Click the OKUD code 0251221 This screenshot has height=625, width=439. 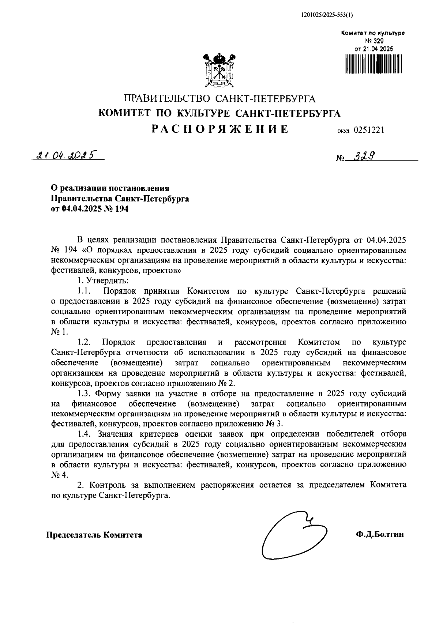[x=369, y=130]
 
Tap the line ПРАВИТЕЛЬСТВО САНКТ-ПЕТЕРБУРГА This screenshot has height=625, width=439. [x=219, y=99]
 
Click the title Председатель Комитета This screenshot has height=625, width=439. [x=94, y=535]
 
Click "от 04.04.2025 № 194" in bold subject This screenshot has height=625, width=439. [x=90, y=209]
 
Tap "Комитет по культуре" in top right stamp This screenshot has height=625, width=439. [x=373, y=33]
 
